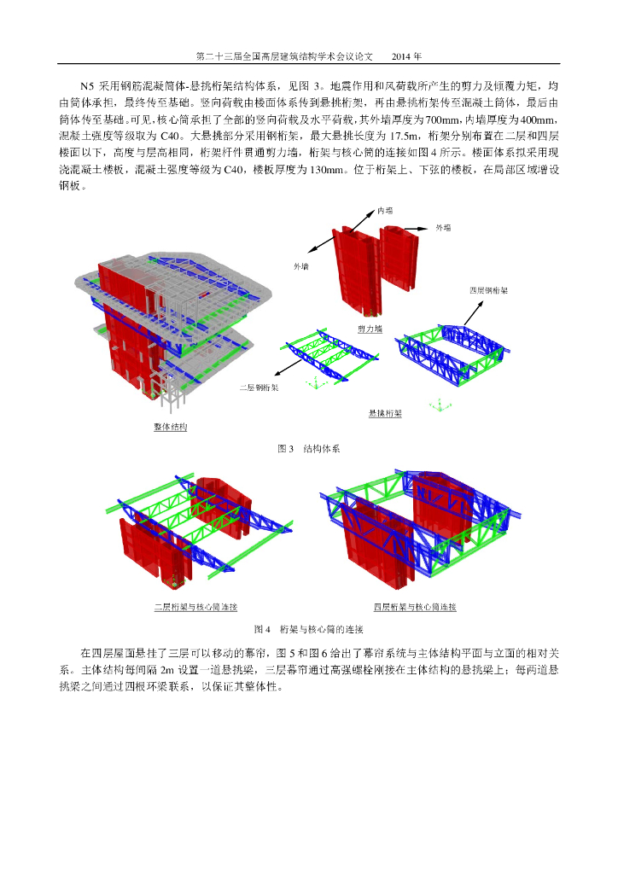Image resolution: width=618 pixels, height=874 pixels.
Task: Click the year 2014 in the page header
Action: pos(406,57)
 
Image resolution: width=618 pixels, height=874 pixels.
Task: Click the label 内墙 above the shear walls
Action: pos(386,208)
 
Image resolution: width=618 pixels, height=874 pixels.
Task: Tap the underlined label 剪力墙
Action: pos(370,328)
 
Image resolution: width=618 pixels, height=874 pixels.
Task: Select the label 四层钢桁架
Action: pos(489,290)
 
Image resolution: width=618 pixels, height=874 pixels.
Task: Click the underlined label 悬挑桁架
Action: pos(385,413)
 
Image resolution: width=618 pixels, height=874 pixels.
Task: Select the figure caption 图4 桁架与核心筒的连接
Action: pos(309,630)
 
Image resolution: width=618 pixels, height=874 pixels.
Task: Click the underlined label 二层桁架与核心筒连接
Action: pos(195,608)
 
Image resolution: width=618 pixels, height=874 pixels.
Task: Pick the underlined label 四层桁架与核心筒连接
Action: pos(416,608)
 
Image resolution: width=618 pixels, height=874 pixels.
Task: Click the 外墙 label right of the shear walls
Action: pos(444,229)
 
